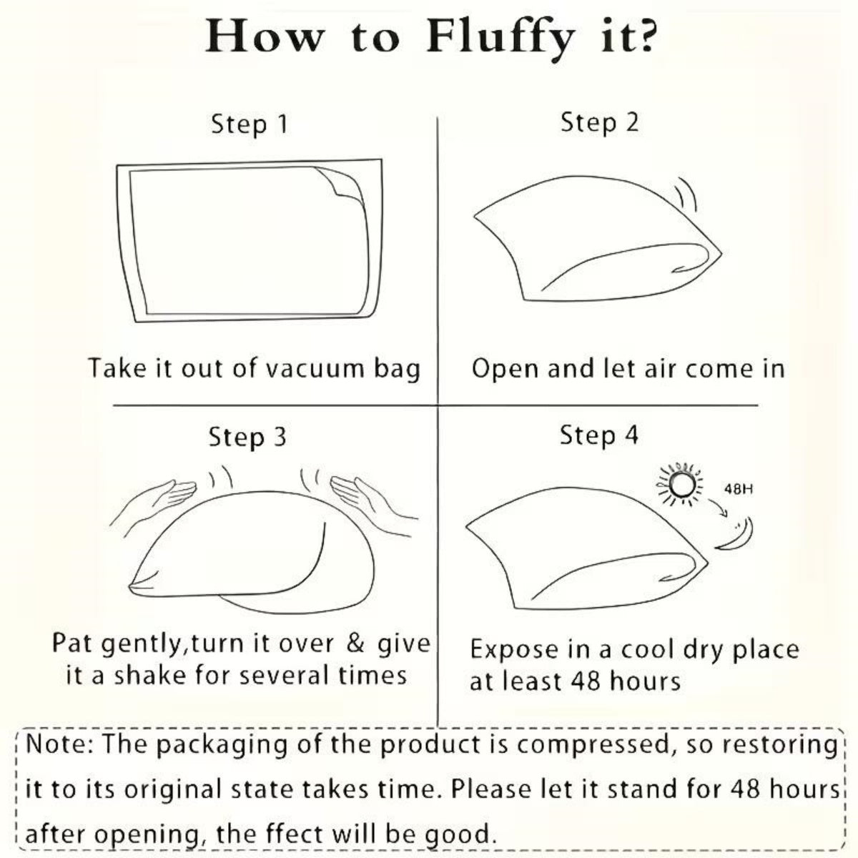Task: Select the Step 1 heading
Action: (250, 124)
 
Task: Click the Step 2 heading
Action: (599, 123)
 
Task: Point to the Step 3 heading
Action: (247, 438)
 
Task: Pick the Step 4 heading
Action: (599, 435)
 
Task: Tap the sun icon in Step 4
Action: (680, 485)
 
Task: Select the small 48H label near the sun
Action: (739, 489)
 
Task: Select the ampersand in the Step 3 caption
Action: (355, 644)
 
